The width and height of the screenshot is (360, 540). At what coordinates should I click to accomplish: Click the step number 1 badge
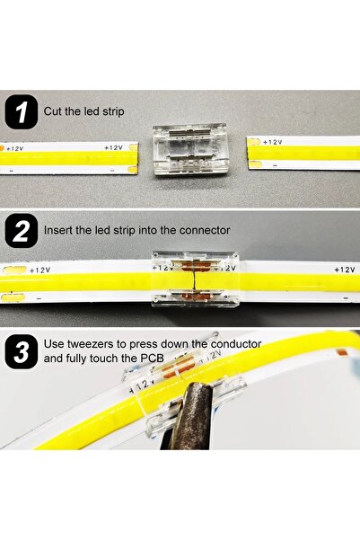(x=21, y=112)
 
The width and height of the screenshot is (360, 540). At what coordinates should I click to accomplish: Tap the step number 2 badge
(x=21, y=231)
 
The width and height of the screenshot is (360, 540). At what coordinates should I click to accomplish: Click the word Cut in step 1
(x=54, y=111)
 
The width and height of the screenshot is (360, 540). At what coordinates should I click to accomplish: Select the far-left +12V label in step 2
(x=40, y=270)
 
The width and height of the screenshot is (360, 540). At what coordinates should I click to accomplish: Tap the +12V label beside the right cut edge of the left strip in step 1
(x=113, y=146)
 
